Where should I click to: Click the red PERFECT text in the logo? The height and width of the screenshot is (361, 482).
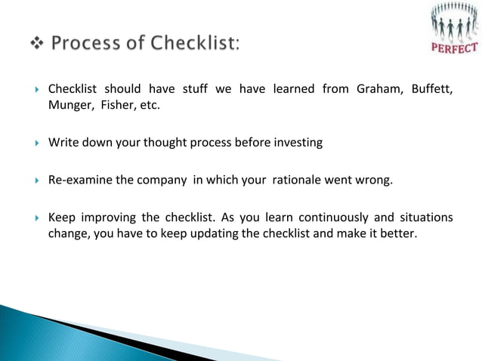click(x=454, y=48)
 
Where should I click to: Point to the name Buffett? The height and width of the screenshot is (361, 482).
click(x=431, y=89)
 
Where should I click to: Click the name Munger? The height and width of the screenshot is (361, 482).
click(x=69, y=105)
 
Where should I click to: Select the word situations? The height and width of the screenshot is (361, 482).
click(x=425, y=218)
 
